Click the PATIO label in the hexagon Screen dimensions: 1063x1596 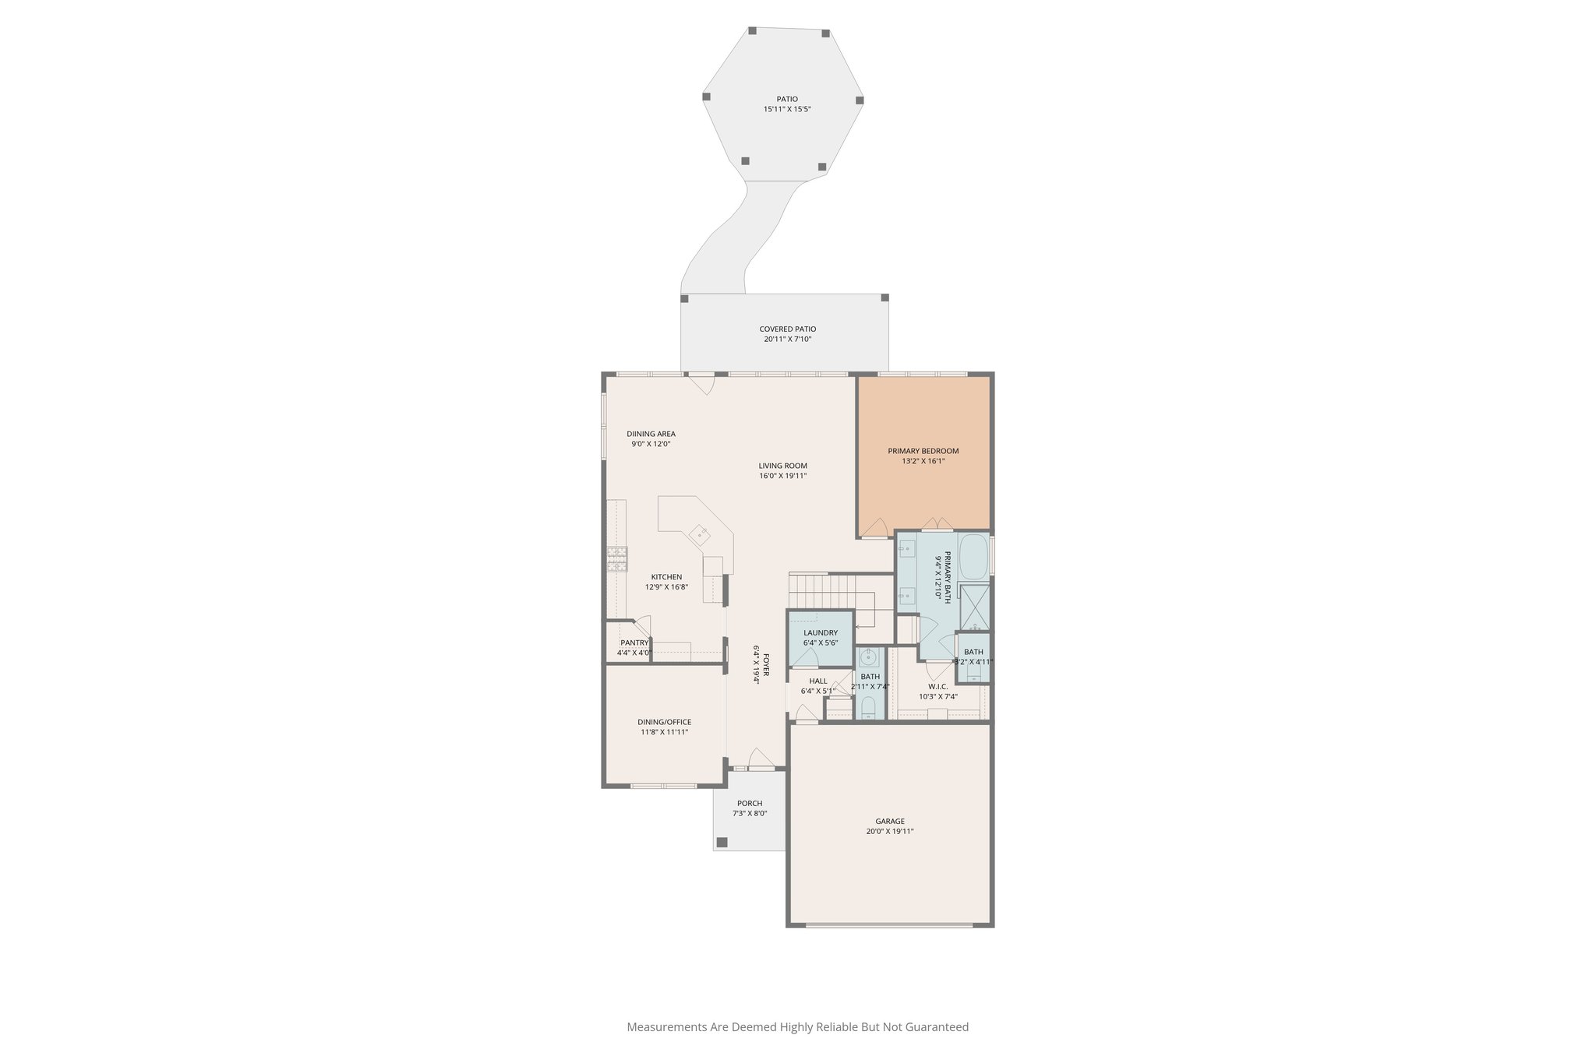787,99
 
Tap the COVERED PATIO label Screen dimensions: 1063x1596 787,329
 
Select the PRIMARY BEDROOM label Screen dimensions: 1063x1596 923,451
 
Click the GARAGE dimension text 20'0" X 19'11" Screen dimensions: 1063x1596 889,831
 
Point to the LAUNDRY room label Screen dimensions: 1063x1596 821,632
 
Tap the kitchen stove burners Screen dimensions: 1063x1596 617,559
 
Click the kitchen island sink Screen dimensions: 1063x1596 157,533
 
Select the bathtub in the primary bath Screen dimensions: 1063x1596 973,556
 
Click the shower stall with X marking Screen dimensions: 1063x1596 974,607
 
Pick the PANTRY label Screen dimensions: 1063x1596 634,642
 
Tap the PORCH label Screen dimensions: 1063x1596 750,803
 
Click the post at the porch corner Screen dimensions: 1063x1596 722,842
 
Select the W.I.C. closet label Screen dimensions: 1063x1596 937,687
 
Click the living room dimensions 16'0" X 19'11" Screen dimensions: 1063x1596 782,476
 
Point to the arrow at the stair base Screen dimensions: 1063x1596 858,626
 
